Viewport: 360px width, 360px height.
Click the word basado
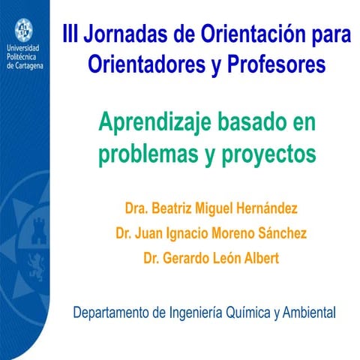click(250, 121)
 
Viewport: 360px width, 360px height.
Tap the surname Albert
click(259, 257)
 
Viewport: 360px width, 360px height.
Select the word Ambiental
click(309, 312)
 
